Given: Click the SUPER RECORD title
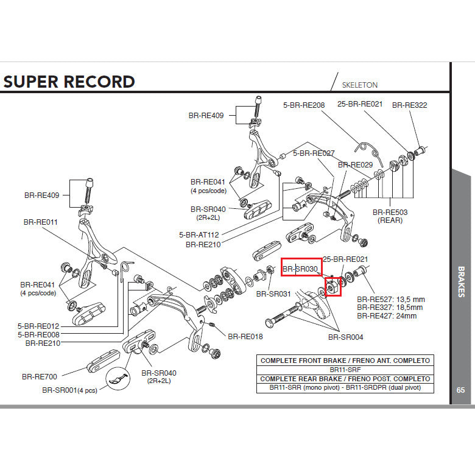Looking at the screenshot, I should pyautogui.click(x=69, y=82).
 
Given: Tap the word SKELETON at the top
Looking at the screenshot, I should pyautogui.click(x=360, y=85).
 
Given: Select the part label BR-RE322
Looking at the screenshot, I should pyautogui.click(x=409, y=105).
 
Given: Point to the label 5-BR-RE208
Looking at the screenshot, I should pyautogui.click(x=304, y=105).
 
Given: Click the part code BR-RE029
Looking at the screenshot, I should pyautogui.click(x=355, y=164).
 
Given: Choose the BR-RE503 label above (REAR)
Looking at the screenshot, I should pyautogui.click(x=390, y=212).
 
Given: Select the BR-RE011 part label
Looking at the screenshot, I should pyautogui.click(x=41, y=222).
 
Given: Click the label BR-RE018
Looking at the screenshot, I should pyautogui.click(x=245, y=336).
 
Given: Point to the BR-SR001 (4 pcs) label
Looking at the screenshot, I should pyautogui.click(x=70, y=390).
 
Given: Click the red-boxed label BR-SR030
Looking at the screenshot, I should pyautogui.click(x=301, y=268).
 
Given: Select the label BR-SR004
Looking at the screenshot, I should pyautogui.click(x=345, y=336).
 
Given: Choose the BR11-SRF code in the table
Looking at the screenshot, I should pyautogui.click(x=346, y=369).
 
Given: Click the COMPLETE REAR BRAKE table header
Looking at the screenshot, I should pyautogui.click(x=346, y=378).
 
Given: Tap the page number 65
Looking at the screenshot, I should pyautogui.click(x=461, y=390).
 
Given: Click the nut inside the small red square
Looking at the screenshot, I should pyautogui.click(x=333, y=285).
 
